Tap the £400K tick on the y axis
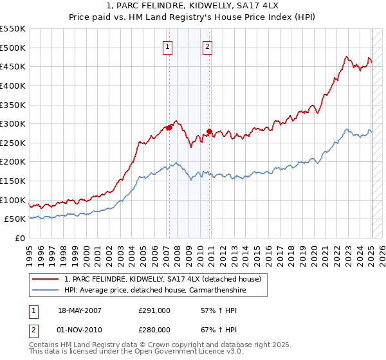13,85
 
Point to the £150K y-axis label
13,181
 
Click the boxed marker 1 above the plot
167,46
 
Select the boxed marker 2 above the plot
208,46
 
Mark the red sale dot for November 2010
210,131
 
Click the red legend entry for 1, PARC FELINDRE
162,279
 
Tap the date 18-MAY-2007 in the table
80,310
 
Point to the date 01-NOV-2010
80,329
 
